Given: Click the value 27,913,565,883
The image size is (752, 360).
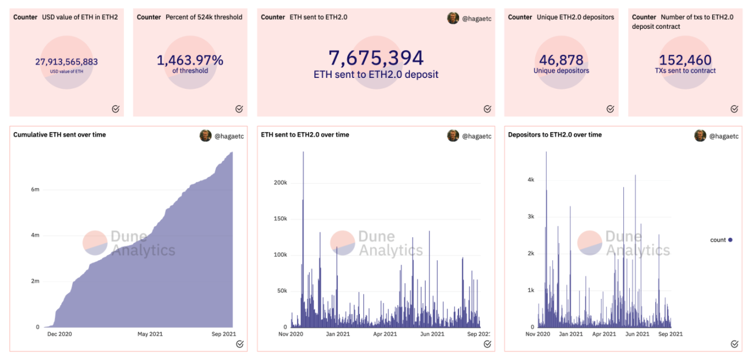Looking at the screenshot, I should click(x=66, y=62).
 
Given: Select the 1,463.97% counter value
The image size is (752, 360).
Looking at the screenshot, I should click(x=190, y=60).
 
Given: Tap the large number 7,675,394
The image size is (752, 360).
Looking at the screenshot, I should click(x=376, y=58).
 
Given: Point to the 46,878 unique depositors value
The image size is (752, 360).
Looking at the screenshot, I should click(x=561, y=60).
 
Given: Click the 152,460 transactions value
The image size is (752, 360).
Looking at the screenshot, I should click(x=685, y=60).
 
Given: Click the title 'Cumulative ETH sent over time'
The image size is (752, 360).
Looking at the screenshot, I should click(x=59, y=134).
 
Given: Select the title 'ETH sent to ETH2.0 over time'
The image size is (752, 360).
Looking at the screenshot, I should click(x=305, y=134).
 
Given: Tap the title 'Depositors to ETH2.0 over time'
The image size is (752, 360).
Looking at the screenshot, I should click(x=555, y=134).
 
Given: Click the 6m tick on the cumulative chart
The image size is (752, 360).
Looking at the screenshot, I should click(x=35, y=189).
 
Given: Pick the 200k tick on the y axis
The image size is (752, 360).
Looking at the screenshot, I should click(x=280, y=183).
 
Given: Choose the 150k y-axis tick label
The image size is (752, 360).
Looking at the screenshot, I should click(x=280, y=219).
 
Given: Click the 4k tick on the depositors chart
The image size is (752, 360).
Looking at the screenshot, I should click(x=530, y=179).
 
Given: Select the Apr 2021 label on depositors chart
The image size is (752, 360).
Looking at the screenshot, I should click(x=605, y=334).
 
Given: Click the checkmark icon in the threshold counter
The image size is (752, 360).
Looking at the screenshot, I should click(x=239, y=109).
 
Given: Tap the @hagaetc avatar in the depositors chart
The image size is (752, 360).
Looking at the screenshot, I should click(x=700, y=136).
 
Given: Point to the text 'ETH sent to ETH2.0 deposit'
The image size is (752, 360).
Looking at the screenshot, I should click(x=376, y=74).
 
